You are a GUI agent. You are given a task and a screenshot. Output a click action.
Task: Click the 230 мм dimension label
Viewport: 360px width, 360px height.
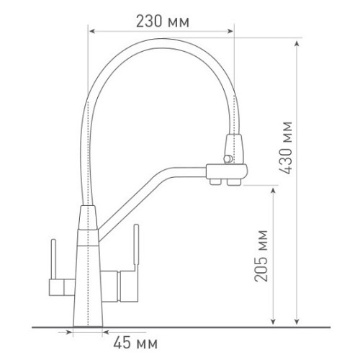(x=163, y=22)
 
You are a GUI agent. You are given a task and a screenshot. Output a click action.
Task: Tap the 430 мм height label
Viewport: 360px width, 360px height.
(x=286, y=148)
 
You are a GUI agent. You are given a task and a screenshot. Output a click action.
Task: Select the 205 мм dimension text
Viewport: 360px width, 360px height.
(x=261, y=256)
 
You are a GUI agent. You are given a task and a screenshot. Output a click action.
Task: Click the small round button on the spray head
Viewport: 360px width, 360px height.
(x=228, y=158)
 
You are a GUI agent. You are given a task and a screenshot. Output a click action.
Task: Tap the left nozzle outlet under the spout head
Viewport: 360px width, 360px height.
(x=215, y=182)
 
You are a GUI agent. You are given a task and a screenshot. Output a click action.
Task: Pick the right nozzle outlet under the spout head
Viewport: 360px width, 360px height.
(x=234, y=182)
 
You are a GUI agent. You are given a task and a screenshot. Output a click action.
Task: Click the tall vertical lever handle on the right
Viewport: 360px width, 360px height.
(x=136, y=247)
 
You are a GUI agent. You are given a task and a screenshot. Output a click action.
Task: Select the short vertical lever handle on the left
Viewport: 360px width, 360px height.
(x=53, y=259)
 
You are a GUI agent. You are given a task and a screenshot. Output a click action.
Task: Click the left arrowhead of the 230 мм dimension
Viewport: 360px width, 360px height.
(x=92, y=31)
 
